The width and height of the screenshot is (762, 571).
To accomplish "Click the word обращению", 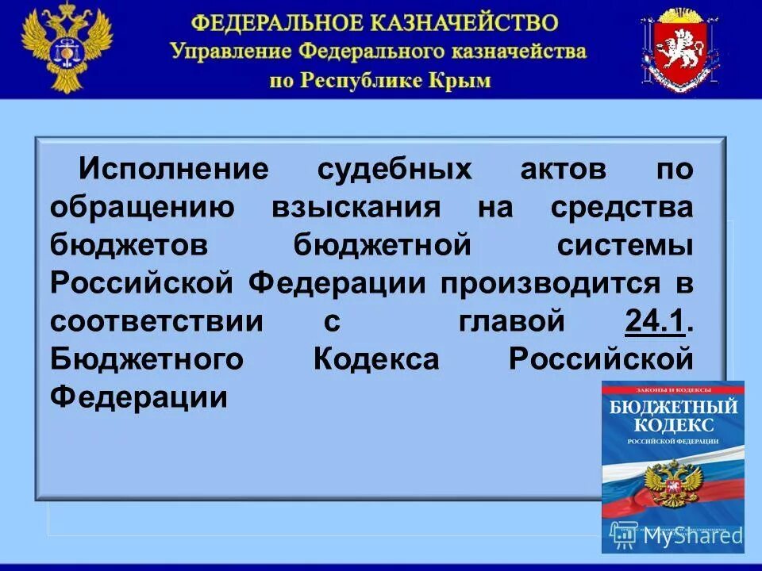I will point(142,206).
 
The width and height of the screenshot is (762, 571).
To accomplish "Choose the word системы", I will point(624,244).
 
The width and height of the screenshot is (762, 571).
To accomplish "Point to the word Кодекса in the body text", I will point(375,358).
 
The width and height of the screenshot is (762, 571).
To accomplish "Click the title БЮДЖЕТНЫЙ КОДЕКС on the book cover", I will point(672,417).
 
